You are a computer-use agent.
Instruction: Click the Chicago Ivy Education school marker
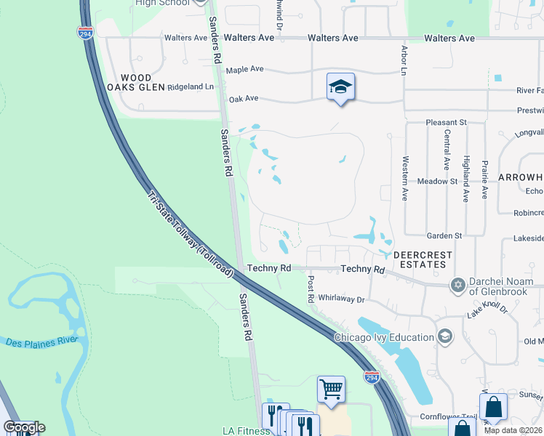pos(444,336)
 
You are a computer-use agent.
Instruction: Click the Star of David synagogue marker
pos(458,284)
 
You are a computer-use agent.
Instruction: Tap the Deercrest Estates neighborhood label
pos(423,260)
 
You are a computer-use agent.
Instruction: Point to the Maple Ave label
pos(244,70)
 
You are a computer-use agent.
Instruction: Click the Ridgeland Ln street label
pos(191,86)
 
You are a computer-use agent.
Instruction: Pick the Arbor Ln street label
pos(404,60)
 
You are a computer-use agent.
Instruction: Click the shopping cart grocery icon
pos(331,389)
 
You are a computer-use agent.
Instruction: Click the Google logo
pos(24,427)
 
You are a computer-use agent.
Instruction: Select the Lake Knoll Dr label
pos(487,309)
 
